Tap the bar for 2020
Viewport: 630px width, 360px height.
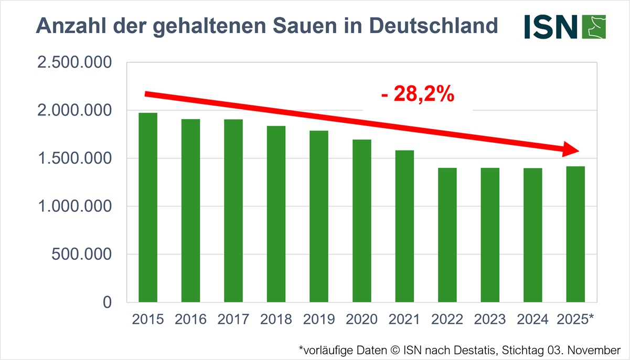[x=361, y=220]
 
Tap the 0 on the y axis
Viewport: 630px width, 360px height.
[x=107, y=303]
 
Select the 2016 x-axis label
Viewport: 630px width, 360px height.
[x=190, y=320]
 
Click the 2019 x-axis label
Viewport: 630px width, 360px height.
[x=319, y=320]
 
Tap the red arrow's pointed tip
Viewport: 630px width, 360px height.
[x=578, y=151]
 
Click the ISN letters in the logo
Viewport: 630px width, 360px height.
[x=550, y=26]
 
